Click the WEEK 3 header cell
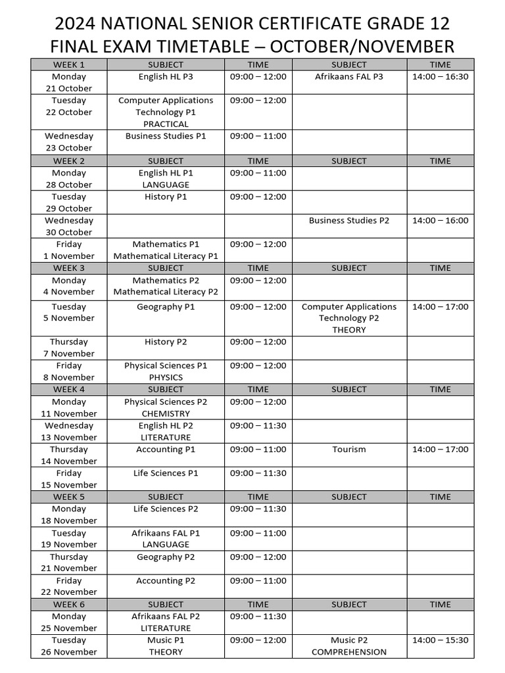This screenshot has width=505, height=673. (x=69, y=268)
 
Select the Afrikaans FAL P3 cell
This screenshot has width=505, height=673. (x=349, y=77)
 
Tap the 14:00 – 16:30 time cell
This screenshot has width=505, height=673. (x=440, y=77)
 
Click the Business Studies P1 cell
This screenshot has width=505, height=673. (x=166, y=136)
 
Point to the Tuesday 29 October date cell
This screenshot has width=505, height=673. (x=69, y=202)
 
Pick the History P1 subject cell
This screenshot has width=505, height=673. (x=166, y=197)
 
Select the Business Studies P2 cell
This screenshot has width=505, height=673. (x=349, y=221)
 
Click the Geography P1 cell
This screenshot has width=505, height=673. (x=166, y=307)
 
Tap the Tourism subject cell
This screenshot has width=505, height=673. (x=349, y=450)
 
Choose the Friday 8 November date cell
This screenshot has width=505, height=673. (x=69, y=371)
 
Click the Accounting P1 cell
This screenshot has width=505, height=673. (x=166, y=450)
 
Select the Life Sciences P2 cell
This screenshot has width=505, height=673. (x=166, y=509)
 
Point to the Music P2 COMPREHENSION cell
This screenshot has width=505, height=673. (x=349, y=646)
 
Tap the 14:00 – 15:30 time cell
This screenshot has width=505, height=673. (x=440, y=640)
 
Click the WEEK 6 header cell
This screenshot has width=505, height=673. (x=69, y=605)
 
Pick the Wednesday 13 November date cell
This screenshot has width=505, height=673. (x=69, y=431)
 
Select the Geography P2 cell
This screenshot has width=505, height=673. (x=166, y=557)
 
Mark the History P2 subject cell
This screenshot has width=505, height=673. (x=166, y=342)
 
